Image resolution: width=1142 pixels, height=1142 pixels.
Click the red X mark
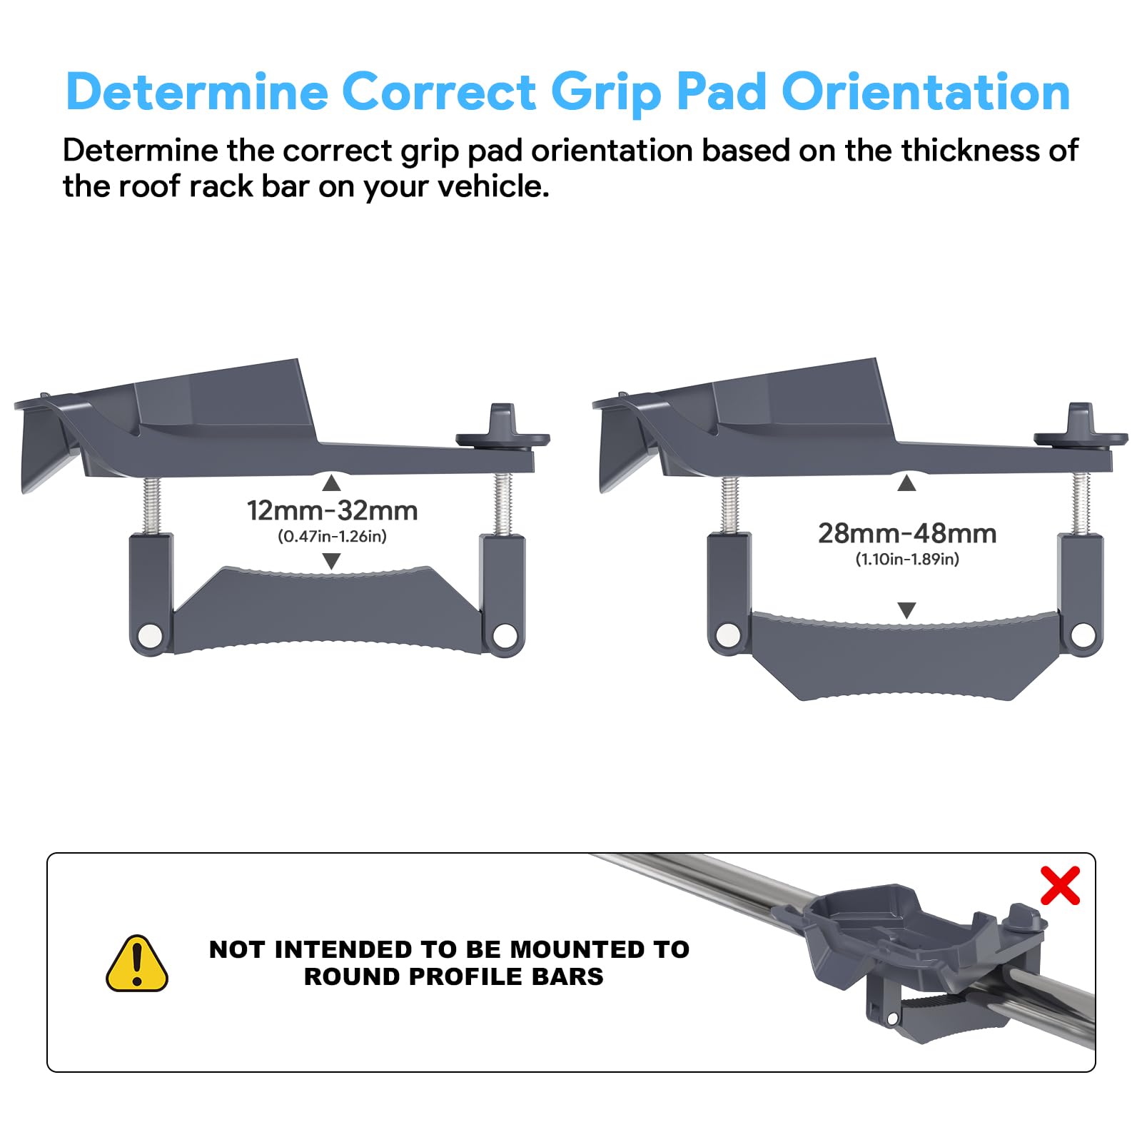click(x=1060, y=886)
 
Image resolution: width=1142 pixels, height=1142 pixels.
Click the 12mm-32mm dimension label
click(x=332, y=511)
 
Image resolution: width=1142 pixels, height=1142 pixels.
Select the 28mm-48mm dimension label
click(x=907, y=534)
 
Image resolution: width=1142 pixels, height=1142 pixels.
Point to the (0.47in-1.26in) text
click(x=332, y=537)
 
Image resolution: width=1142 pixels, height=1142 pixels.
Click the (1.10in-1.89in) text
click(x=907, y=560)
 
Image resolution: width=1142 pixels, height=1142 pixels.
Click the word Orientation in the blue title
click(x=926, y=92)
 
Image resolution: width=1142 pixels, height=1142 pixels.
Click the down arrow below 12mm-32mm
click(x=331, y=561)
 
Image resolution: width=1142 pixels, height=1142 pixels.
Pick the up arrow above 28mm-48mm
click(x=906, y=484)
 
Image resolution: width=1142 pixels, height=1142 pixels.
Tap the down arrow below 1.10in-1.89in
click(x=906, y=610)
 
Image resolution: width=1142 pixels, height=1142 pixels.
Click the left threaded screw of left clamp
click(x=151, y=505)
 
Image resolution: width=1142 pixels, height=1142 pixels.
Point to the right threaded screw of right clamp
click(x=1081, y=504)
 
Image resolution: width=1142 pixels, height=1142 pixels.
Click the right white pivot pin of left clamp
click(x=505, y=635)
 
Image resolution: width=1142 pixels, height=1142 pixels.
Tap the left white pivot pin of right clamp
click(x=728, y=635)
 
